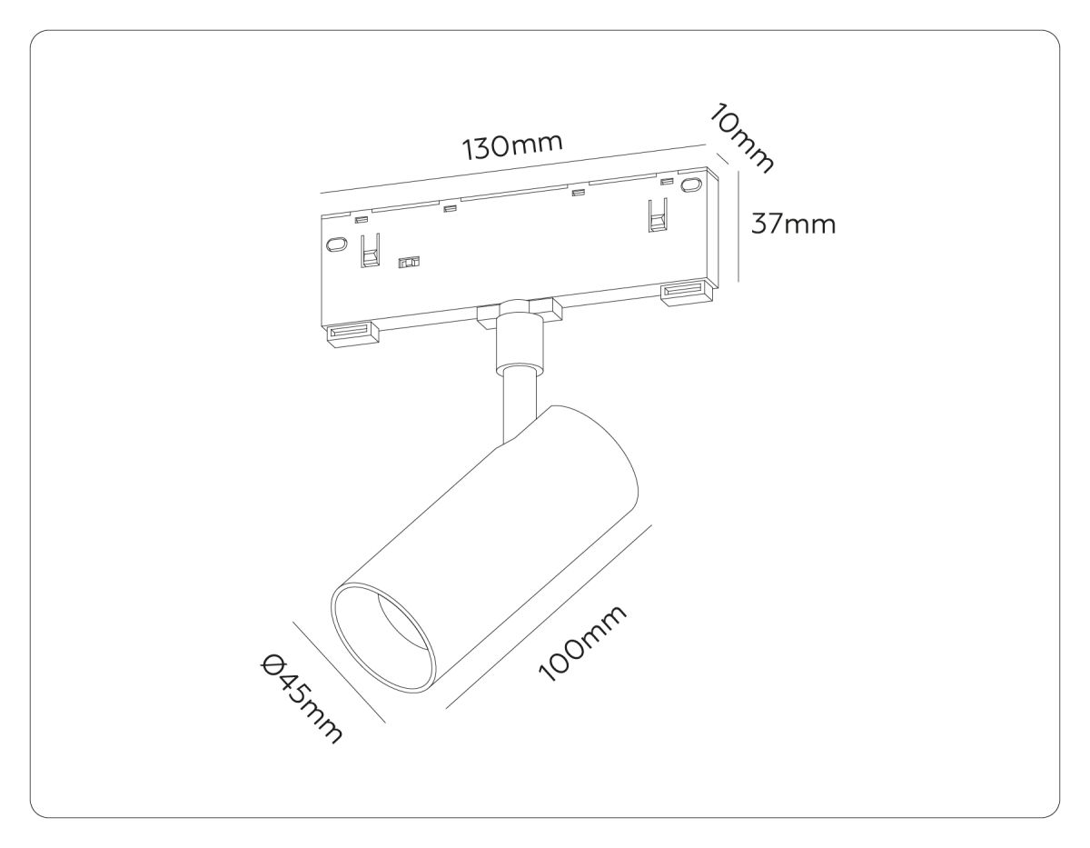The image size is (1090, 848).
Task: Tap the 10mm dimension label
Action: coord(744,135)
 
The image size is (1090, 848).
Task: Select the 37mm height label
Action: coord(793,223)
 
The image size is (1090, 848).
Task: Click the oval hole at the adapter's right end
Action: coord(692,186)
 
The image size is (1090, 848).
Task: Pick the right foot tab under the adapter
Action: coord(687,293)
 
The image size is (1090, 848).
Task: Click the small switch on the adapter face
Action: coord(410,262)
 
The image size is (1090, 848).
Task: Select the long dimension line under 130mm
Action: coord(513,169)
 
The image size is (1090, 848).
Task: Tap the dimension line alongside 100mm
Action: coord(550,615)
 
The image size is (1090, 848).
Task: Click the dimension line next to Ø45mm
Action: coord(338,672)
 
